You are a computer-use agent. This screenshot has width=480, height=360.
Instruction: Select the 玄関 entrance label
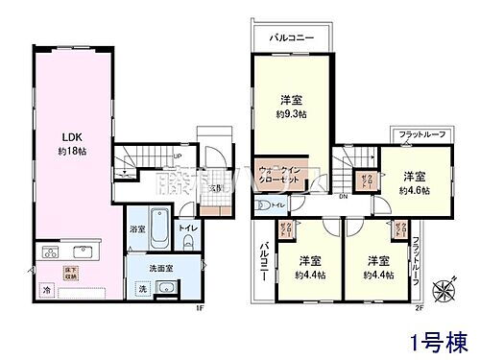(218, 187)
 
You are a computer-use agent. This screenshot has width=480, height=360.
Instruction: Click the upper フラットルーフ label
(418, 135)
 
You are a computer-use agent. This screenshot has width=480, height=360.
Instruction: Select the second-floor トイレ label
(302, 204)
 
